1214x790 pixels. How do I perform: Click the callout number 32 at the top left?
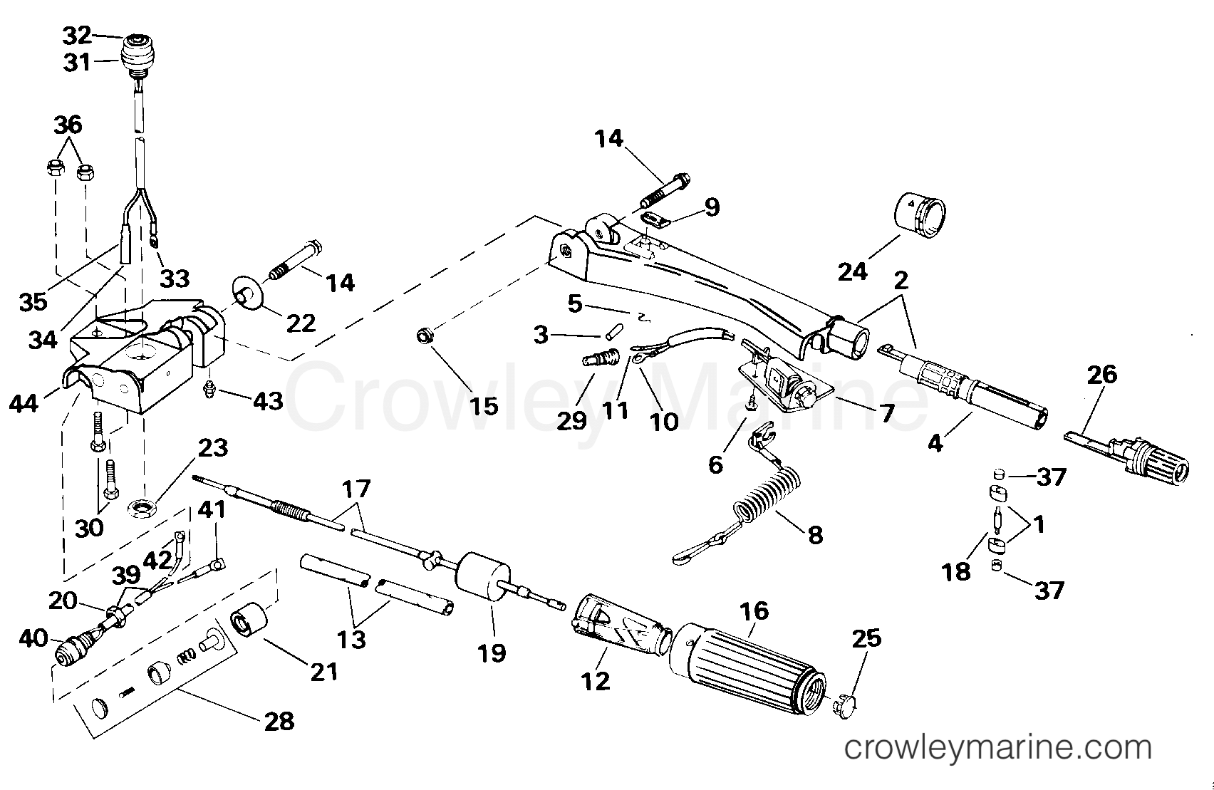point(77,35)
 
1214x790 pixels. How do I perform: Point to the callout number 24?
point(852,271)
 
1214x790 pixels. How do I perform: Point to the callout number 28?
point(279,722)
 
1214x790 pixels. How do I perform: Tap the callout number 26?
point(1101,375)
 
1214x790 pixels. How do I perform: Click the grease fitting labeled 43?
point(209,390)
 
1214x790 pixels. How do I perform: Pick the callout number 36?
point(68,125)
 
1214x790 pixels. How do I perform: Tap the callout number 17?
point(356,489)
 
